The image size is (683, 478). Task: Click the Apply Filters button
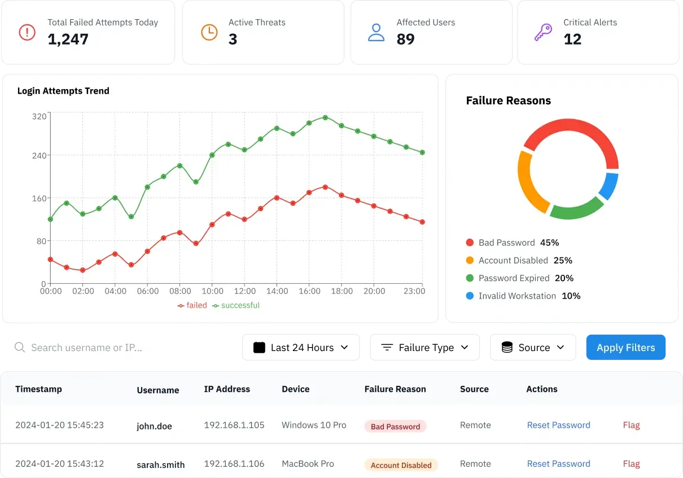pos(625,348)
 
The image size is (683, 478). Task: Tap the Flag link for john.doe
pos(631,425)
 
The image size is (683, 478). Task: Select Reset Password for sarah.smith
pos(558,464)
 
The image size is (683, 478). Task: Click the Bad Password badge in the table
pos(395,427)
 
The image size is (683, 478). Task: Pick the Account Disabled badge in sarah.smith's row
pos(401,466)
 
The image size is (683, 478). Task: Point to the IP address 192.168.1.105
pos(234,425)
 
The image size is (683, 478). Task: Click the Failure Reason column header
pos(395,389)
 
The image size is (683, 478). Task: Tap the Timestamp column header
pos(38,389)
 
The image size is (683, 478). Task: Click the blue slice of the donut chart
pos(609,186)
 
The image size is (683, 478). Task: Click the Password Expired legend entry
pos(514,278)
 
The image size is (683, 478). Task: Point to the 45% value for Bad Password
pos(549,243)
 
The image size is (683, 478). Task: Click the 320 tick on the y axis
pos(39,117)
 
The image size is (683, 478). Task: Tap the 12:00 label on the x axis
pos(244,291)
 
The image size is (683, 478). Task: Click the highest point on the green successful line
pos(325,117)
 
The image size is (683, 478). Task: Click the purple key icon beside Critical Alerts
pos(542,32)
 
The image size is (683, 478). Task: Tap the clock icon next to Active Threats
pos(209,32)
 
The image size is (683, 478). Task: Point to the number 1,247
pos(68,39)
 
